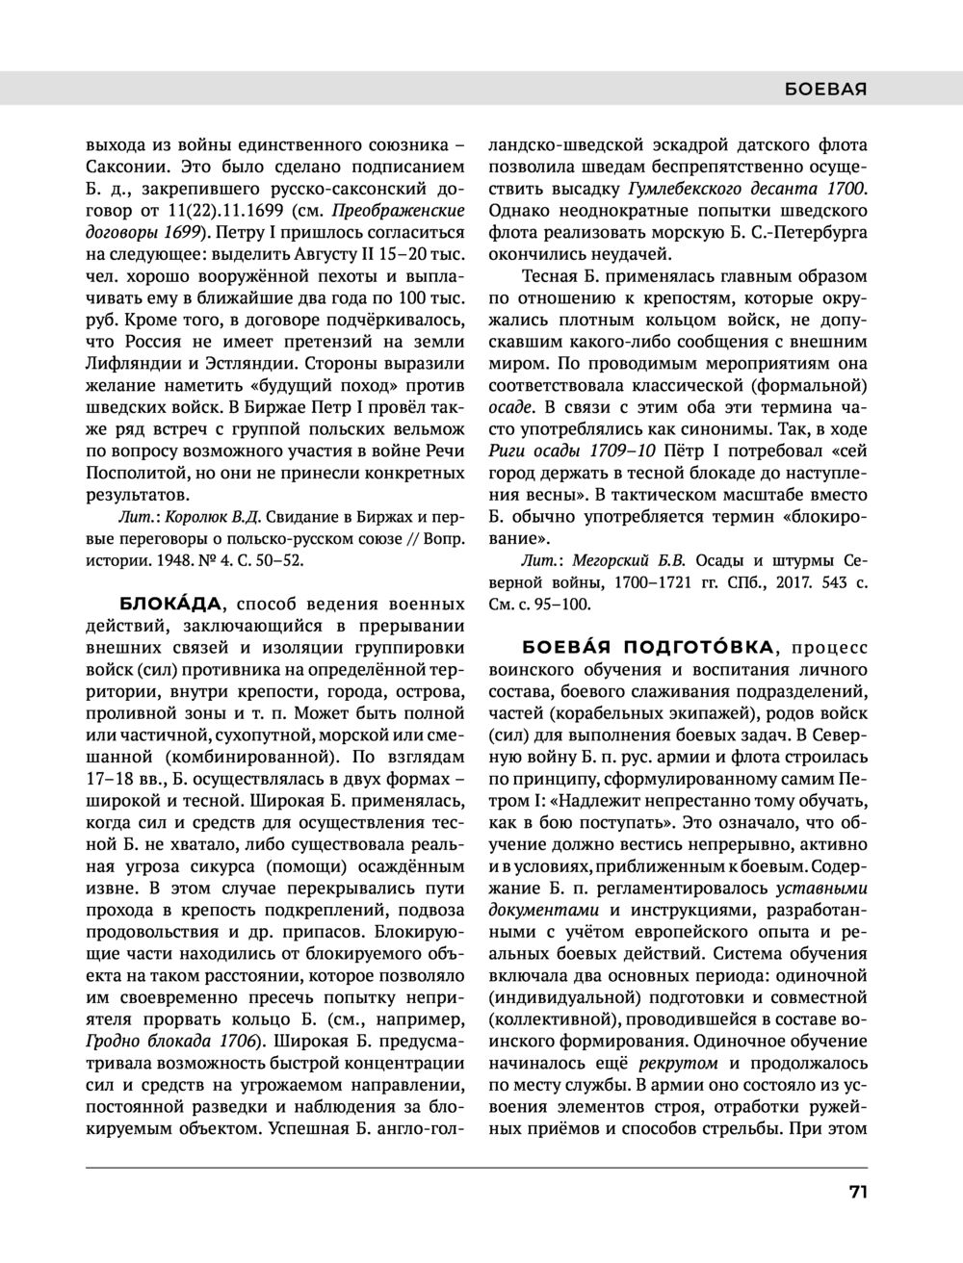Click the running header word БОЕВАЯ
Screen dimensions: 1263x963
coord(826,90)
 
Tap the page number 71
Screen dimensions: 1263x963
coord(858,1192)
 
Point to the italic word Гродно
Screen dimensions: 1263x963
coord(114,1041)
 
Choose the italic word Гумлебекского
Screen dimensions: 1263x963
coord(683,188)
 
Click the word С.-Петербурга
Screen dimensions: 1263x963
coord(813,232)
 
